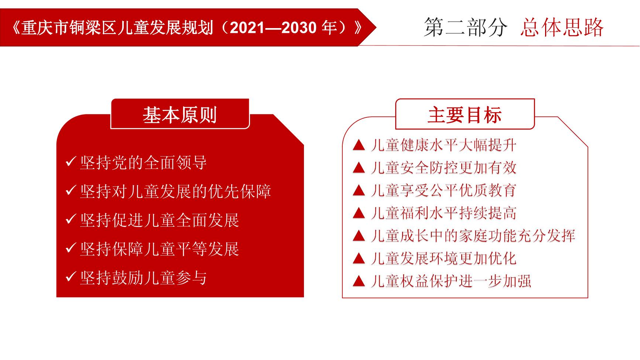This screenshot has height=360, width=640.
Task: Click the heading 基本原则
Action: (180, 115)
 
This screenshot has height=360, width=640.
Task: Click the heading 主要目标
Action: (465, 115)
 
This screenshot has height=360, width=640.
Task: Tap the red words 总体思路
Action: (562, 27)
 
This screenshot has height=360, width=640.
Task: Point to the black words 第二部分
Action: (466, 27)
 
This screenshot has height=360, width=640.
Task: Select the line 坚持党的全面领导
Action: (143, 162)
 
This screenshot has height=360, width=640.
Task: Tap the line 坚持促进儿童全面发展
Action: (160, 220)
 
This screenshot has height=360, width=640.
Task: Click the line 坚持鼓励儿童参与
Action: (143, 278)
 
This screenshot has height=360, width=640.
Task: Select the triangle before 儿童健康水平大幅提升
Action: (359, 145)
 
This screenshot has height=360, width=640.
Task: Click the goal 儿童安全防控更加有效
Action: (444, 168)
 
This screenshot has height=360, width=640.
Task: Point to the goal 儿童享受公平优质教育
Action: (444, 191)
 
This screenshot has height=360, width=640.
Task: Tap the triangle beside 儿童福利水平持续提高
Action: (359, 213)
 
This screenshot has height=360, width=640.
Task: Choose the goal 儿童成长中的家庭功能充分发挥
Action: (473, 236)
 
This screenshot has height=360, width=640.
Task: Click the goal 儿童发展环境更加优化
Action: (444, 258)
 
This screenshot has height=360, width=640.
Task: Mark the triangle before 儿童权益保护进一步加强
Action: (359, 281)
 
